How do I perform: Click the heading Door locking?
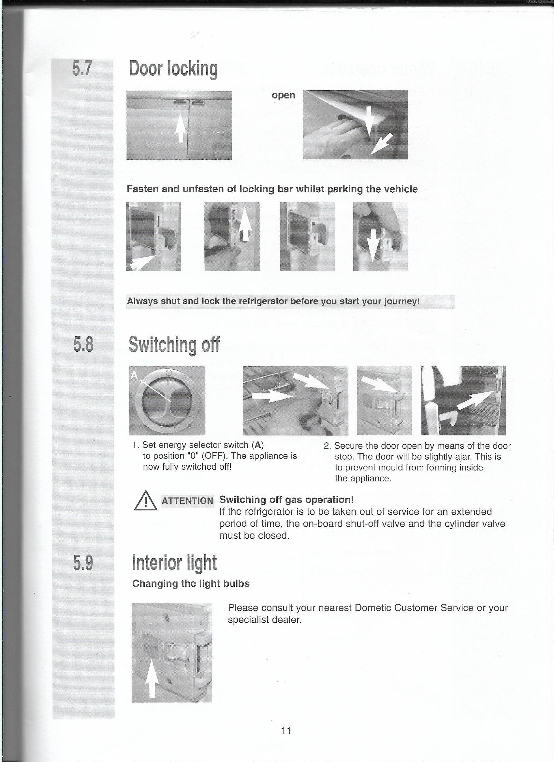(173, 69)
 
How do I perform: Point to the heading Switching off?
(174, 345)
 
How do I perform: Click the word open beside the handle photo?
(283, 95)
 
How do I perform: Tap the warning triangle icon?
(145, 502)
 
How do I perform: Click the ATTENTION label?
(187, 501)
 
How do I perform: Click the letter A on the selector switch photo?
(134, 376)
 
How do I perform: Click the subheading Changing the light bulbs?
(191, 584)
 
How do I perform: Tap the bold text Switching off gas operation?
(286, 500)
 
